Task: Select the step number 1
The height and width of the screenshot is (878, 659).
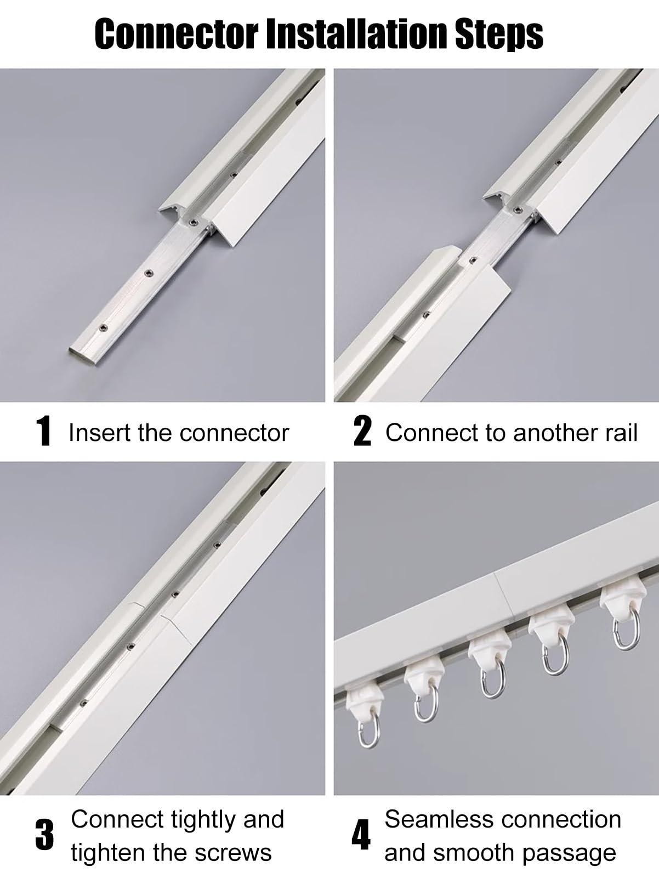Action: coord(43,432)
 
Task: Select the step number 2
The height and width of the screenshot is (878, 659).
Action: coord(362,432)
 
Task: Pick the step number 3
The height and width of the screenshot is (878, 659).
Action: coord(44,835)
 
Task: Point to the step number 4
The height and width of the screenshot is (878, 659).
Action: coord(361,835)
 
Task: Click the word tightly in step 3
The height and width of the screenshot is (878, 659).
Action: coord(203,819)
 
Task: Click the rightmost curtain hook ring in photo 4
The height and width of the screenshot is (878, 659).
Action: coord(626,633)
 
